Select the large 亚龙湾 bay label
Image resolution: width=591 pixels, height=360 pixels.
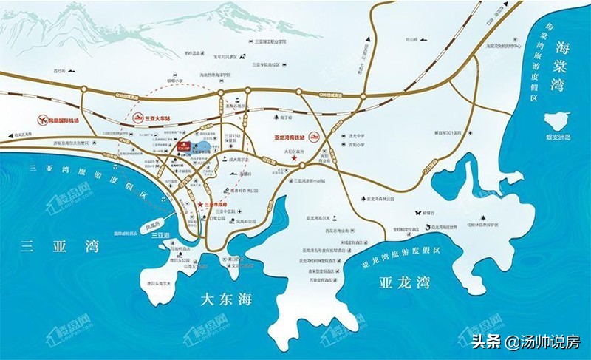click(x=403, y=282)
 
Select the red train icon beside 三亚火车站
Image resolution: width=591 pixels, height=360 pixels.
click(x=136, y=118)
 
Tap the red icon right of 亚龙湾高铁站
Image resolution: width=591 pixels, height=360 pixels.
click(x=314, y=136)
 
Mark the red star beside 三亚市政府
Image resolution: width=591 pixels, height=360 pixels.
click(x=200, y=204)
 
